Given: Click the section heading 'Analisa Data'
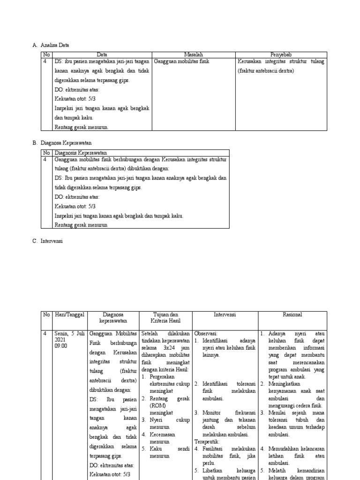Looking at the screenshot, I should pyautogui.click(x=54, y=45).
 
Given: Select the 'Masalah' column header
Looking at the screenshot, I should pyautogui.click(x=193, y=55).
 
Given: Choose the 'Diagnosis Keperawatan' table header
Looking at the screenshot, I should pyautogui.click(x=81, y=153).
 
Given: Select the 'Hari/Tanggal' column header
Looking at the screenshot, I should pyautogui.click(x=69, y=315).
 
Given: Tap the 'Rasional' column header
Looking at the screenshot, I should pyautogui.click(x=292, y=315).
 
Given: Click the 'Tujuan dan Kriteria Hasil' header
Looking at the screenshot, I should pyautogui.click(x=166, y=318).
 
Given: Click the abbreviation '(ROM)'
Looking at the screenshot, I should pyautogui.click(x=157, y=405).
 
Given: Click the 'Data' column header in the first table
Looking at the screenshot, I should pyautogui.click(x=102, y=55).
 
